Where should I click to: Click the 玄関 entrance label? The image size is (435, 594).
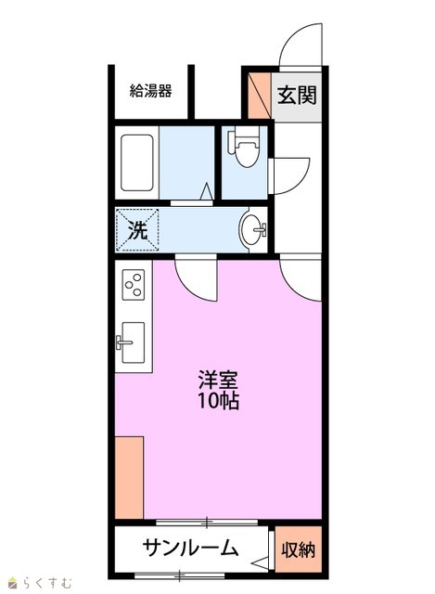click(297, 95)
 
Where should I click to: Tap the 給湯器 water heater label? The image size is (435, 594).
click(150, 91)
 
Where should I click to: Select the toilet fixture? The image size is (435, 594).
click(243, 147)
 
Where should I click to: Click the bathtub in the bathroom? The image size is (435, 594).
click(137, 163)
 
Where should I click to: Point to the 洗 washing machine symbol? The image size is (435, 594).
click(137, 229)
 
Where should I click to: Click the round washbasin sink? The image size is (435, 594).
click(252, 230)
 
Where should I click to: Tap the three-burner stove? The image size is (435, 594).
click(134, 285)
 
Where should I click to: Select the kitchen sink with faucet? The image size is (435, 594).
click(132, 342)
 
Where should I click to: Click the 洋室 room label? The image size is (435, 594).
click(219, 381)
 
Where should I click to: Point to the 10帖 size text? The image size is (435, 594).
click(219, 401)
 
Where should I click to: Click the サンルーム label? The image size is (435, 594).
click(190, 548)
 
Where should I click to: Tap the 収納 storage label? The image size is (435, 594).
click(298, 549)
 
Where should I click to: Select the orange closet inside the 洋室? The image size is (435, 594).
click(129, 477)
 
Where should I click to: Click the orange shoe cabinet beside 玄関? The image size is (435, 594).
click(260, 95)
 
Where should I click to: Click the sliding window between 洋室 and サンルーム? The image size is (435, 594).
click(207, 523)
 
